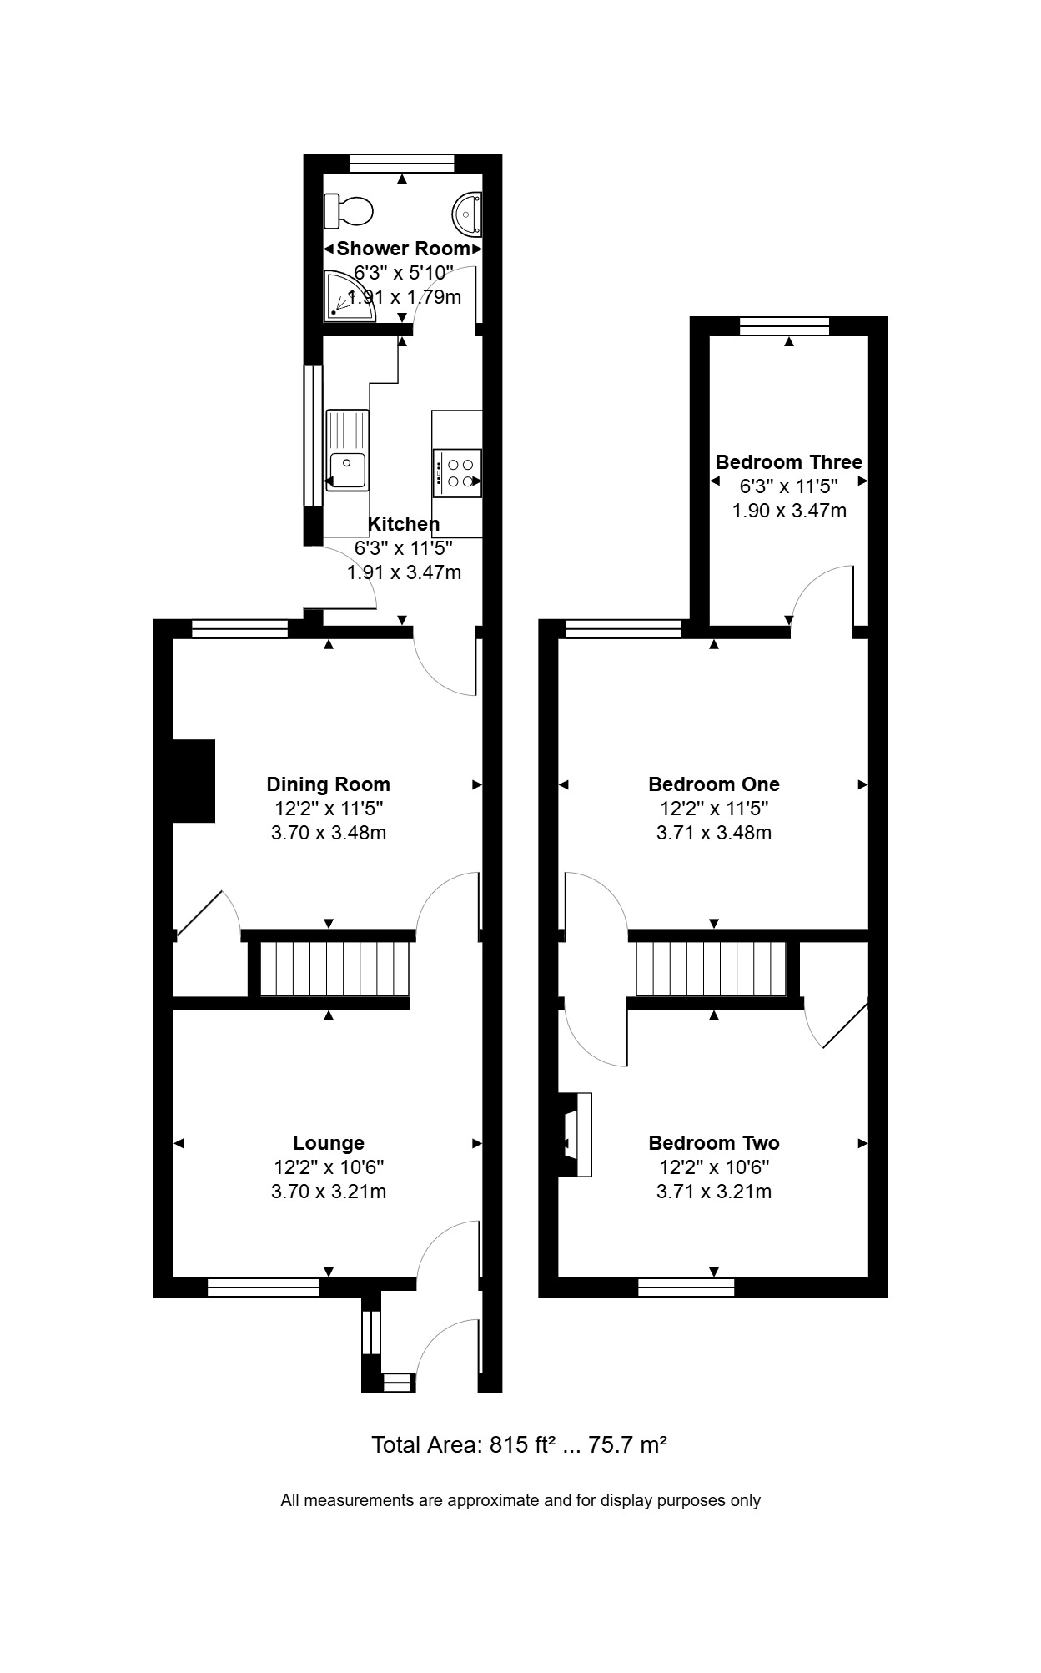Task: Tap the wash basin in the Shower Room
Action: (467, 212)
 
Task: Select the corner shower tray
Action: (350, 295)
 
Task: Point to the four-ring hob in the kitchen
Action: (457, 473)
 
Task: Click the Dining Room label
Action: (328, 784)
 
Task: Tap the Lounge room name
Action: (329, 1143)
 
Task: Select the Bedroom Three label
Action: (789, 462)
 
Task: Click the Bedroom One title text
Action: (714, 784)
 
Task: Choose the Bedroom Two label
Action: (714, 1143)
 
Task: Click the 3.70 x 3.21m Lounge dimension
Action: (329, 1192)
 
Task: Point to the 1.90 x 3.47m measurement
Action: (789, 511)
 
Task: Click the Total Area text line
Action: (519, 1444)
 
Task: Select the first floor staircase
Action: (712, 969)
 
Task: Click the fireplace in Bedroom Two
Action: (575, 1135)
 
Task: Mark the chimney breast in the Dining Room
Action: (194, 780)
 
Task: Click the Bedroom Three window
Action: (785, 325)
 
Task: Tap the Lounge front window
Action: (264, 1288)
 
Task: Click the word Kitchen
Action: (404, 524)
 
